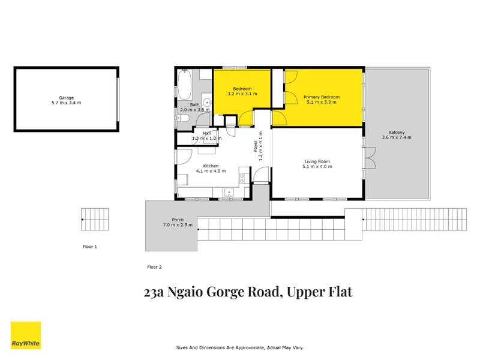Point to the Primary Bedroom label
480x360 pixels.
[321, 97]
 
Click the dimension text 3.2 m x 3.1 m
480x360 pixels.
[242, 94]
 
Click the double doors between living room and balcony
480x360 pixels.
[370, 160]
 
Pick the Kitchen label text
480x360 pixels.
[210, 166]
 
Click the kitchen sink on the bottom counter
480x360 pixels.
[228, 193]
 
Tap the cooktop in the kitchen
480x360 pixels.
[242, 178]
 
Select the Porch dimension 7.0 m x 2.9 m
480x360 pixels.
[177, 225]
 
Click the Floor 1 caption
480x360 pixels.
[89, 247]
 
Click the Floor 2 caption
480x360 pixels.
[154, 266]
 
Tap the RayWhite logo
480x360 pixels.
[26, 335]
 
